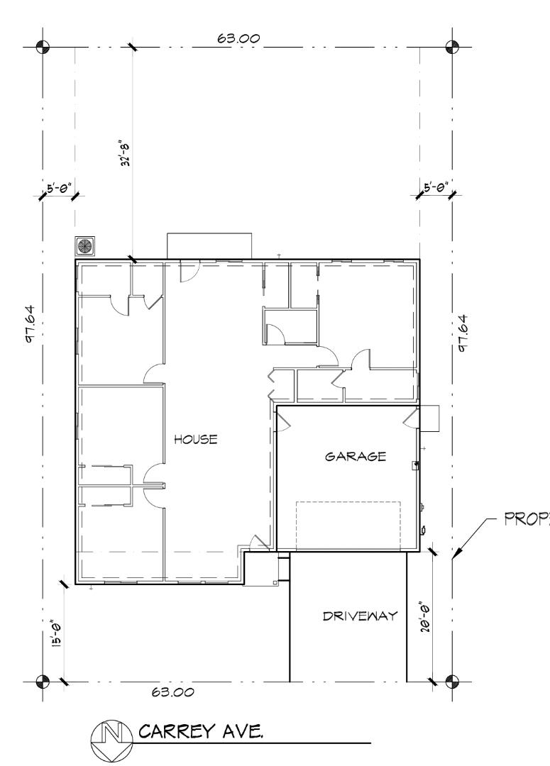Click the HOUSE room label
195,439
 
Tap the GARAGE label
356,456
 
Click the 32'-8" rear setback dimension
127,152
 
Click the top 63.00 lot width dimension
238,38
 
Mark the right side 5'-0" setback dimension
434,189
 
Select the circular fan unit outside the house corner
85,245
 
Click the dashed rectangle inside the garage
348,525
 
